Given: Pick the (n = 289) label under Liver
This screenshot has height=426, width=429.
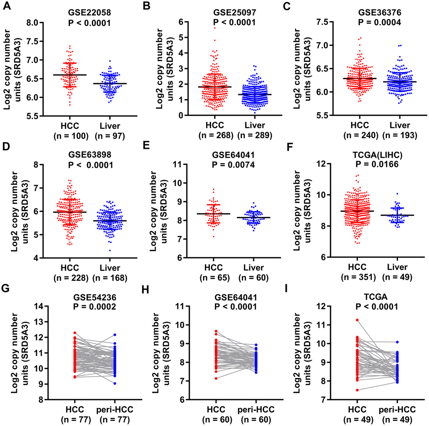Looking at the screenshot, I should [x=257, y=135].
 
